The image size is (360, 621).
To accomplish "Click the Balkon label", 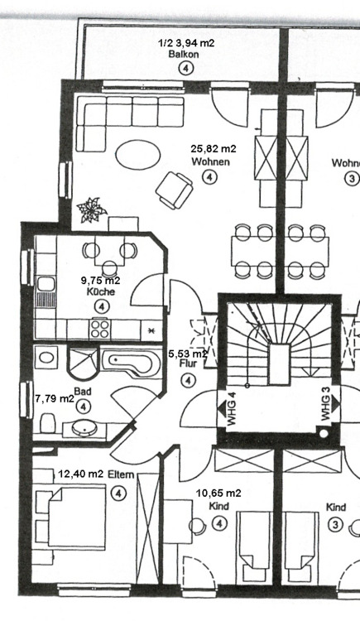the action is point(184,55).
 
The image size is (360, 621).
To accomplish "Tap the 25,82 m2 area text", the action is point(213,149).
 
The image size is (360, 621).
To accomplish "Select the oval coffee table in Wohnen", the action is point(138,155).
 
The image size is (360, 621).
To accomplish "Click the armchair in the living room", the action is point(175,190).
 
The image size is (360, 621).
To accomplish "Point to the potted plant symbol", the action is point(92,209).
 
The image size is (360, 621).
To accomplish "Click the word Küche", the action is point(101,292).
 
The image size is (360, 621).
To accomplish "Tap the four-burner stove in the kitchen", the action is point(99,329).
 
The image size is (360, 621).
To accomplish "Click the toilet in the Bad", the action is point(47,423).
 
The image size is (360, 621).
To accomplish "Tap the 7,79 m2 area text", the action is point(55,398).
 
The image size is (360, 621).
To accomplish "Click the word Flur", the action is point(188,363).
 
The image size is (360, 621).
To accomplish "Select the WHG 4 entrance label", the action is point(232,410).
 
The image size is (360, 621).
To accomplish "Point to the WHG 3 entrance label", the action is point(325,403).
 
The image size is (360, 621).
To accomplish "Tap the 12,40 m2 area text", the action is point(81,474).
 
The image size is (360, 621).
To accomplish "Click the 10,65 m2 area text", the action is point(218,493).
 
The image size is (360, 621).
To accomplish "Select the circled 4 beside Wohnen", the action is point(209,176).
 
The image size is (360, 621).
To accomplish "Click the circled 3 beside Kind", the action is point(335,525).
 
